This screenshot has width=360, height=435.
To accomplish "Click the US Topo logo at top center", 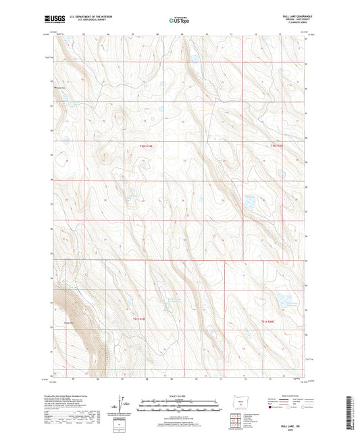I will click(x=180, y=20).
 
